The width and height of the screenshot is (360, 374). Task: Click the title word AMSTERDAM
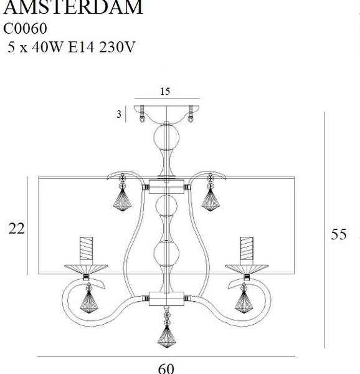pos(73,7)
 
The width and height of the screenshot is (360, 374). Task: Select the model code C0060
pos(25,29)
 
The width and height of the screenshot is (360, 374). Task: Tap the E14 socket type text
pos(81,47)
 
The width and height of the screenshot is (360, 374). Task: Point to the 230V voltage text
pos(117,47)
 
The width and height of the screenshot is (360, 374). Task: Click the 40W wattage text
pos(47,47)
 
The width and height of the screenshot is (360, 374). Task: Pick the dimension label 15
pos(165,91)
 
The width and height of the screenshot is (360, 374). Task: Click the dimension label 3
pos(119,115)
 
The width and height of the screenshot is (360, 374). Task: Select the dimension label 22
pos(17,229)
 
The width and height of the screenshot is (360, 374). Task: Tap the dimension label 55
pos(339,234)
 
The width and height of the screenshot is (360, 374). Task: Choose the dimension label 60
pos(166,368)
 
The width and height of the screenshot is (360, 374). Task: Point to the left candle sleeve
pos(86,248)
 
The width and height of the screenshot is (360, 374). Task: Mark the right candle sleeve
pos(247,248)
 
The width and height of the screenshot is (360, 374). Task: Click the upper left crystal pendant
pos(123,193)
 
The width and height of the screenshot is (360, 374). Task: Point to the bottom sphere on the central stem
pos(166,254)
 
